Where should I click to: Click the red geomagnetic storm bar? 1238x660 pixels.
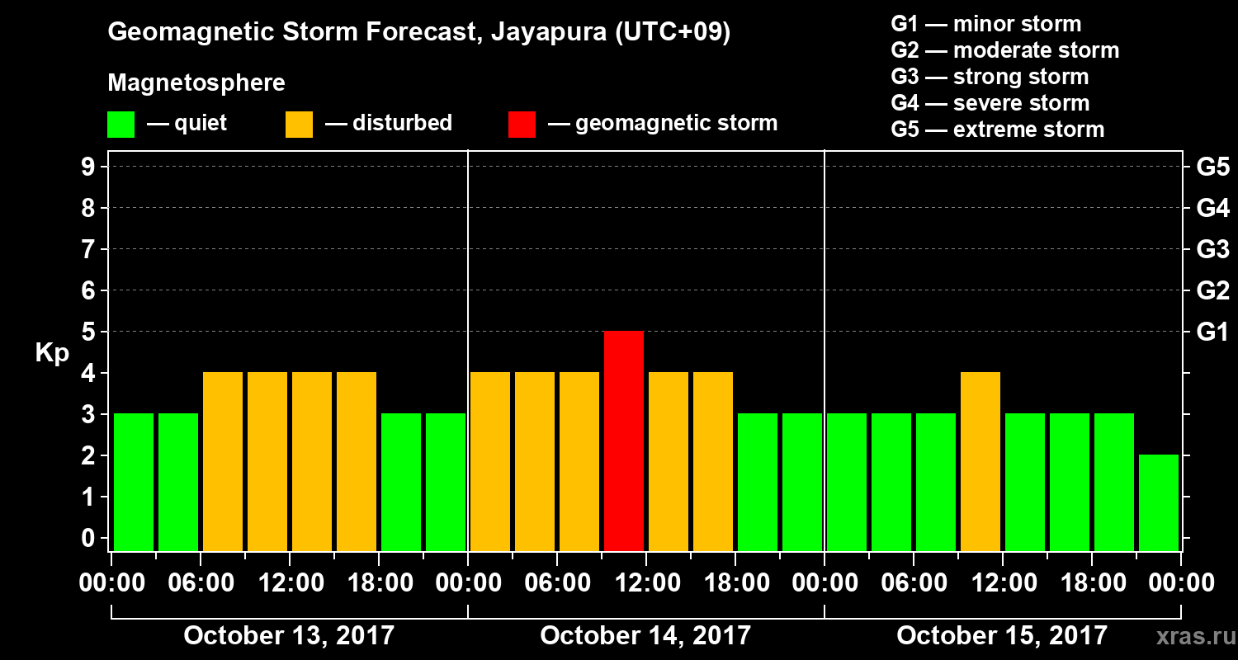(624, 441)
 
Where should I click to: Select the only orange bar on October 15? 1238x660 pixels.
(980, 461)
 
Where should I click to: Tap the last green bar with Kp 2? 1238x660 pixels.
(1159, 502)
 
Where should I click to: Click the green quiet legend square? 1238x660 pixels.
(121, 124)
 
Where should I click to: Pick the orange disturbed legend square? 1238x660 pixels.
(299, 124)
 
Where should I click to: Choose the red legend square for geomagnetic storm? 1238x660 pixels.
(522, 124)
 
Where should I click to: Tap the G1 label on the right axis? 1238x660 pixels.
(1212, 332)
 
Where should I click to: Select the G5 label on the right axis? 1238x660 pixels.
(1212, 167)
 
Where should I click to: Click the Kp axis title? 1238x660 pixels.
(52, 352)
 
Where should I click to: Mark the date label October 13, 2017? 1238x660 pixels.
(289, 636)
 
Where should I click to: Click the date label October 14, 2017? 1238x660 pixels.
(645, 636)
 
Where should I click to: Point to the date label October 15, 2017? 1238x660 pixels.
(1002, 636)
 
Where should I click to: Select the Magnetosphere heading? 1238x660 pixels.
(196, 83)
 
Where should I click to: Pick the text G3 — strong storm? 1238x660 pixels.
(990, 77)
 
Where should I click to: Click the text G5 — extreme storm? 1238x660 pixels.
(997, 130)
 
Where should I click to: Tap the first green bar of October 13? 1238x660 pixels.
(134, 482)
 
